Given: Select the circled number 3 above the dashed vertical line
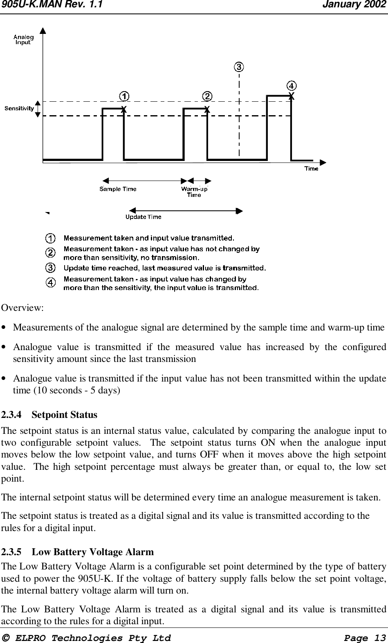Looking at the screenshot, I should (x=239, y=66).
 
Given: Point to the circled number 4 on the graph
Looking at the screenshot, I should (x=291, y=86).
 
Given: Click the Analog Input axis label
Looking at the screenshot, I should (x=24, y=40).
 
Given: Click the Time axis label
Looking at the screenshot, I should (x=311, y=169).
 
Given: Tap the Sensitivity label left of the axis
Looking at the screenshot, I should (x=19, y=108).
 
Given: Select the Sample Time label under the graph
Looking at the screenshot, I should (x=118, y=189).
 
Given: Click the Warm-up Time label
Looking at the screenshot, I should (x=194, y=192).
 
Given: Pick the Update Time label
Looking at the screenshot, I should (x=143, y=217).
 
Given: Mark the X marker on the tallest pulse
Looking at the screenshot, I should (x=291, y=96).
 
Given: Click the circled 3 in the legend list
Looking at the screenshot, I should (x=50, y=268).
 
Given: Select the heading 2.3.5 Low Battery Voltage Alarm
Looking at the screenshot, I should (x=78, y=552).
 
